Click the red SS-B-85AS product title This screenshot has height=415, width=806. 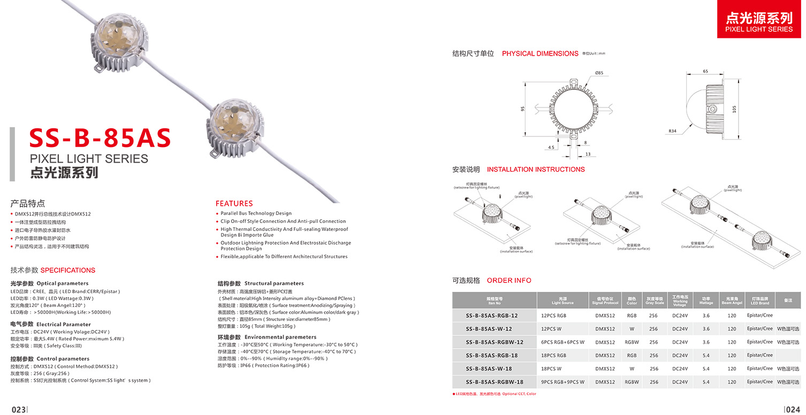click(100, 138)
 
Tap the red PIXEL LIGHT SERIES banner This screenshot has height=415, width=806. click(758, 21)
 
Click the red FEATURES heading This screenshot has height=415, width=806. click(234, 203)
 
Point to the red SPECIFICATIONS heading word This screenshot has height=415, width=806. click(68, 270)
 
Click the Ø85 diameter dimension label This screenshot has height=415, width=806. click(599, 73)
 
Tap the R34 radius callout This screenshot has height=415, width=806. click(673, 130)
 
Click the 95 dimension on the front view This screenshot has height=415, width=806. click(522, 109)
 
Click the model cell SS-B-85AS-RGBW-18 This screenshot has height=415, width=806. click(495, 382)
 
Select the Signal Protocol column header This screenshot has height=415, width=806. click(605, 301)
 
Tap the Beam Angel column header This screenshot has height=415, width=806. click(732, 301)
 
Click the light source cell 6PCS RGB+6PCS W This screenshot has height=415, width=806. click(562, 342)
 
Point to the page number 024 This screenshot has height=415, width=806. click(793, 409)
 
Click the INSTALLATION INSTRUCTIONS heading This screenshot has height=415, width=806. click(536, 170)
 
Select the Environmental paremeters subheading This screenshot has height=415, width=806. click(280, 337)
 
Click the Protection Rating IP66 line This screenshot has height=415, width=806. click(263, 365)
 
